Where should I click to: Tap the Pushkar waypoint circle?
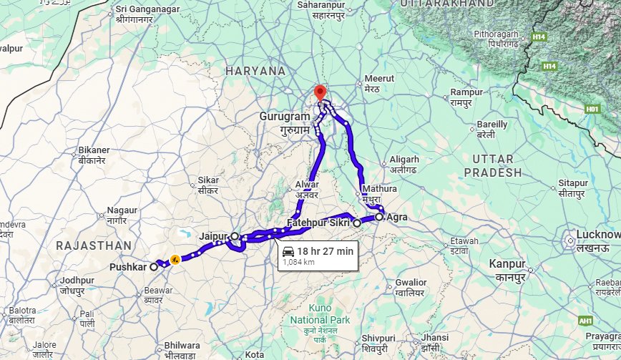tap(154, 266)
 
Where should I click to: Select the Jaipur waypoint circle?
tap(235, 235)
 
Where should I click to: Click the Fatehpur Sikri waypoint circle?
tap(356, 223)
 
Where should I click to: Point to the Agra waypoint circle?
tap(378, 216)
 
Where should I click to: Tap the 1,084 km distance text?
tap(300, 262)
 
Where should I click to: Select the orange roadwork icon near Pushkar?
tap(174, 260)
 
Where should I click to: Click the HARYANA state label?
tap(255, 71)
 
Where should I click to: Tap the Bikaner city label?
tap(94, 150)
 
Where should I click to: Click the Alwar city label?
tap(307, 185)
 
